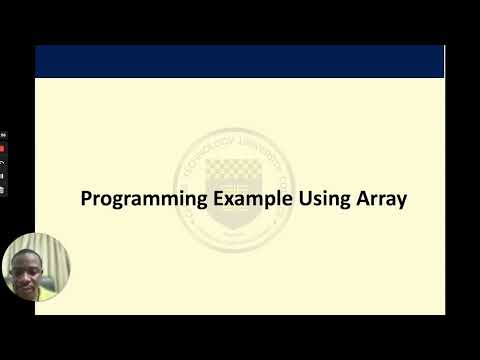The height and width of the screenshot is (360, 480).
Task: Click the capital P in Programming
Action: pos(86,198)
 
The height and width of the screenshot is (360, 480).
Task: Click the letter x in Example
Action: pos(229,198)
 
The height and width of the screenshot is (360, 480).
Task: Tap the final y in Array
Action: pos(402,200)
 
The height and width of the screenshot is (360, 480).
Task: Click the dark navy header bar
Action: pos(239,61)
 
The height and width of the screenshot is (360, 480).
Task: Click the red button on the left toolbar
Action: pos(3,147)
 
